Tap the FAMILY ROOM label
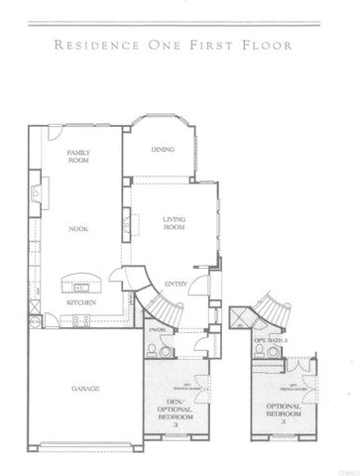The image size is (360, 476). (78, 156)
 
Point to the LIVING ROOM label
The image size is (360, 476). (176, 223)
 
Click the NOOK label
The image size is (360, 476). (79, 229)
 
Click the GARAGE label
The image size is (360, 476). (82, 389)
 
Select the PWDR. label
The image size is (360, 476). (156, 328)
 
